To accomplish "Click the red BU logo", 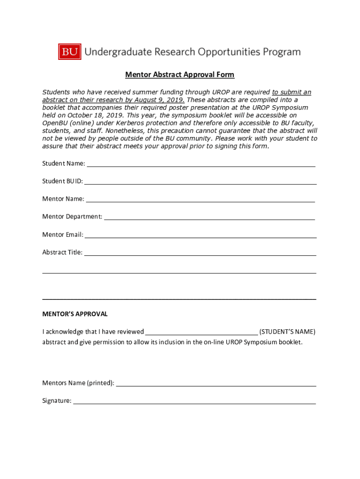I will [70, 52].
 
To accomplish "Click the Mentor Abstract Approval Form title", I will [180, 75].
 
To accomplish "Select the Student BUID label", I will [63, 181].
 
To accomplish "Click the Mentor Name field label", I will [63, 199].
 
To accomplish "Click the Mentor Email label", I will [63, 234].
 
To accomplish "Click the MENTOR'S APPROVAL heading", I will [75, 314].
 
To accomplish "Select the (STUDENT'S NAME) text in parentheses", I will [287, 332].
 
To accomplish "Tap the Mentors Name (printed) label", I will [78, 383].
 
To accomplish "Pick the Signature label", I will [57, 401].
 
